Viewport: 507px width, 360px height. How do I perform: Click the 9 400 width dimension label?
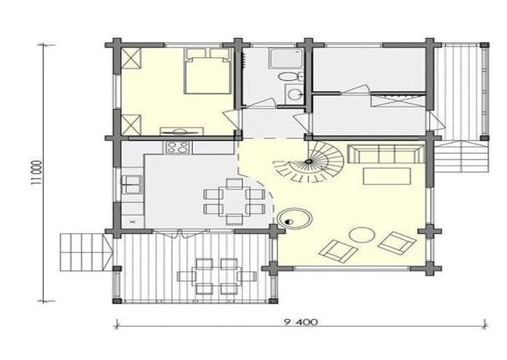[301, 322]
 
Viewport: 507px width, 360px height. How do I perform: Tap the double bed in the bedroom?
[207, 71]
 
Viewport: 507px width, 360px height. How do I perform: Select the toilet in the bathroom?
[289, 77]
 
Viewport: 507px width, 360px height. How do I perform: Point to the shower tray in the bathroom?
[286, 58]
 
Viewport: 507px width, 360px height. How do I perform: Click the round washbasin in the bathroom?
[294, 95]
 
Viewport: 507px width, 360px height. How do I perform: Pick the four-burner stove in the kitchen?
[177, 148]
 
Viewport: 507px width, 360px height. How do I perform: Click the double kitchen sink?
[132, 184]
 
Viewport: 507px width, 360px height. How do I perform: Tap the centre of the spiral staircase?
[309, 161]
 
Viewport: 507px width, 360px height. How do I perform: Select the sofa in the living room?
[386, 154]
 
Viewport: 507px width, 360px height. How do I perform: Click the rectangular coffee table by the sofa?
[387, 176]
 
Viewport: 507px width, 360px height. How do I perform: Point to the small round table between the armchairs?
[363, 235]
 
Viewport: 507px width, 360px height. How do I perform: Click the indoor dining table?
[234, 201]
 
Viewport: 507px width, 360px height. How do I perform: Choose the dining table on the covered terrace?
[217, 275]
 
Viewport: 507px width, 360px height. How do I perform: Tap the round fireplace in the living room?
[295, 219]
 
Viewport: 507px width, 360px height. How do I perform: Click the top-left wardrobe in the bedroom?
[131, 58]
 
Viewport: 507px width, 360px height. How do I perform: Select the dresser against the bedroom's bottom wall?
[182, 131]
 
